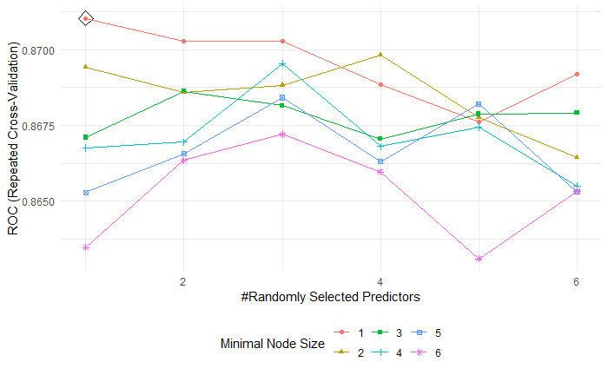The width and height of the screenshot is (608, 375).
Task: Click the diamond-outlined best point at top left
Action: coord(85,18)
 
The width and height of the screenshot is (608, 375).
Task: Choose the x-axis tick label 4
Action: coord(380,281)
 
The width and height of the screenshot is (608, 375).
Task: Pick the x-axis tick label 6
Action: coord(577,281)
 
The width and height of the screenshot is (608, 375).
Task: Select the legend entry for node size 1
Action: coord(349,332)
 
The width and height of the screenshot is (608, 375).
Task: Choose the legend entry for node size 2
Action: coord(349,352)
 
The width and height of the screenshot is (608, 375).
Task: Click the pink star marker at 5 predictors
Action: coord(479,259)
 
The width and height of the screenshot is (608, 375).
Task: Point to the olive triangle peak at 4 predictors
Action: coord(380,55)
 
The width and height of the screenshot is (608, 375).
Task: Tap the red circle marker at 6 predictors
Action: coord(577,75)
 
